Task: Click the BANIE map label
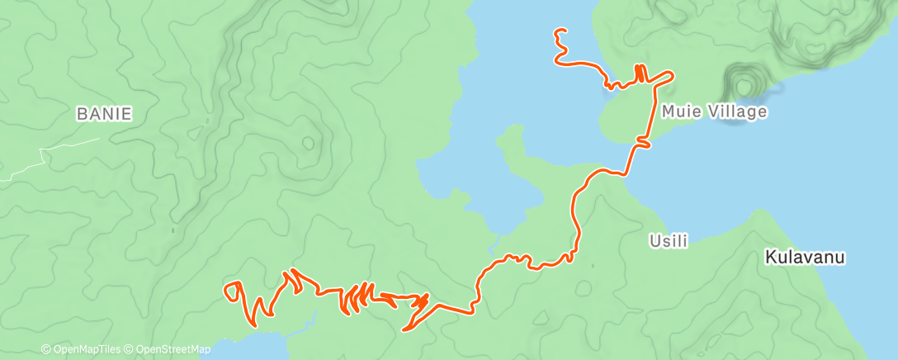pos(104,114)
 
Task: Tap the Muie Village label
pos(714,111)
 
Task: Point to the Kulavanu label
pos(805,258)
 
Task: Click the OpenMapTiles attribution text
pos(83,350)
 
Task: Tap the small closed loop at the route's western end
pos(233,290)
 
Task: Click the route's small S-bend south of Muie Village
pos(642,144)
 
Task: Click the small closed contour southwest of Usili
pos(584,289)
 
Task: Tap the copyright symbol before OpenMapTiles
pos(45,350)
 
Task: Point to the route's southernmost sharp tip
pos(403,330)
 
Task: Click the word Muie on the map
pos(678,111)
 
